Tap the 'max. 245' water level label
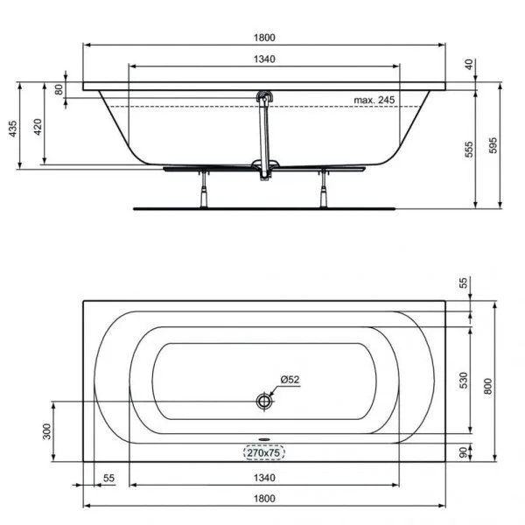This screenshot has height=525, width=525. coord(374,101)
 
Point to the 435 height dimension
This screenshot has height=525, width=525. coord(12,129)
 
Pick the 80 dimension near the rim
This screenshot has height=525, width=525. coord(59,89)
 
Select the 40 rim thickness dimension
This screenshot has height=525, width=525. coord(469,64)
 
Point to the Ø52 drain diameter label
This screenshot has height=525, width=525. coord(290,380)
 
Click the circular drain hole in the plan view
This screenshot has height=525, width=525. coord(265,401)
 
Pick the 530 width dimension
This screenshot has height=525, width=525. coord(465,381)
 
